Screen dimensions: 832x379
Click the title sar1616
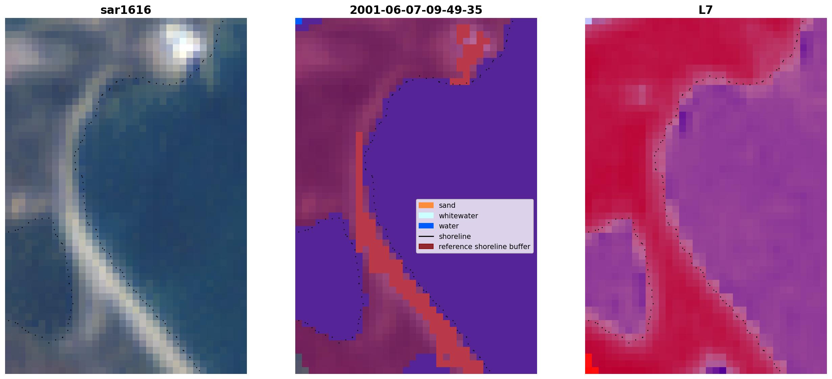tap(125, 10)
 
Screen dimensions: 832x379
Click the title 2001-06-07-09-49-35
tap(416, 10)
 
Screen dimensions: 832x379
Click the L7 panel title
tap(706, 10)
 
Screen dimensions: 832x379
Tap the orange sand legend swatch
tap(426, 205)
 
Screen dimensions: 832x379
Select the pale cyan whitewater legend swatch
tap(426, 216)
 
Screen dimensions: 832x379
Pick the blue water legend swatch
tap(426, 226)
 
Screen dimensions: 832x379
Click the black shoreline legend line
tap(426, 236)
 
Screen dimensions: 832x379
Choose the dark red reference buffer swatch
tap(426, 246)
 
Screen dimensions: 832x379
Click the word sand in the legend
tap(447, 205)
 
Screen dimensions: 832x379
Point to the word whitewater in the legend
tap(458, 216)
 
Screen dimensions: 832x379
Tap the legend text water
tap(448, 226)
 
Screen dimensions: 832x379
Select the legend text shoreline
tap(455, 236)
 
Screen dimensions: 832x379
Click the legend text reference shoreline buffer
tap(484, 246)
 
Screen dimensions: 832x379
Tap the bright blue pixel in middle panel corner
tap(299, 21)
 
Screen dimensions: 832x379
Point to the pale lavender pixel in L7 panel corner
tap(588, 21)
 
